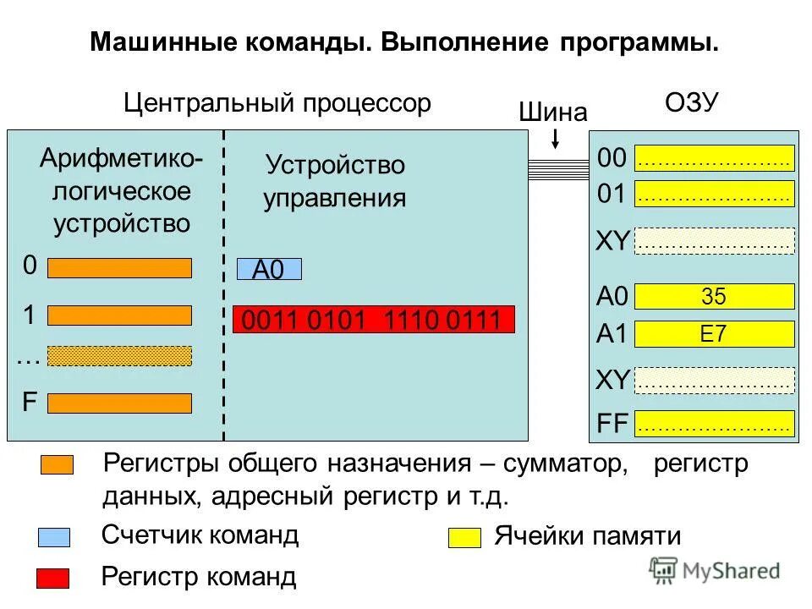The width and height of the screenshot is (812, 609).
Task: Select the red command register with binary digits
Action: point(373,320)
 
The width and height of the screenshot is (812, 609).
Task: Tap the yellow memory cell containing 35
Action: point(714,296)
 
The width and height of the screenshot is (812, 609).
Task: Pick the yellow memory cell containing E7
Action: point(714,334)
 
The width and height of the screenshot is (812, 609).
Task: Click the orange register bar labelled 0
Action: point(119,268)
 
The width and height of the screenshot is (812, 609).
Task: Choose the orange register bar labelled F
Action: point(119,403)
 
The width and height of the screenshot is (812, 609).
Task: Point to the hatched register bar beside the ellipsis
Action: point(119,356)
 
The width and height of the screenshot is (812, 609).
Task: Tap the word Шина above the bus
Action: point(552,112)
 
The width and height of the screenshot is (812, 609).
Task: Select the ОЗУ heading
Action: point(691,103)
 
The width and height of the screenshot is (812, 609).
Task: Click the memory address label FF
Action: point(612,424)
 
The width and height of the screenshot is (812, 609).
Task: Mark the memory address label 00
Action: point(612,158)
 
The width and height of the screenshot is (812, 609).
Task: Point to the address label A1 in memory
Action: point(612,335)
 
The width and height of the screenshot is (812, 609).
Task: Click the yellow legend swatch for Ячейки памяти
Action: point(464,538)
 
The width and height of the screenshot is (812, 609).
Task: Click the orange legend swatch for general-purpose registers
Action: point(57,465)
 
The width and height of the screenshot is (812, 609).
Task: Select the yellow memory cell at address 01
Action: point(714,195)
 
